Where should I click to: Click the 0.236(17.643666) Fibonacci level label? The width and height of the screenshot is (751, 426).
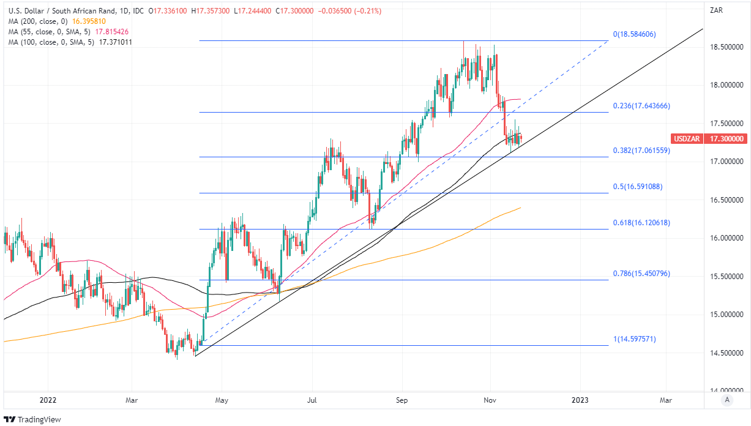[641, 106]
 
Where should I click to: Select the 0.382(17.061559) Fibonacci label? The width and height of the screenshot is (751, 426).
[641, 150]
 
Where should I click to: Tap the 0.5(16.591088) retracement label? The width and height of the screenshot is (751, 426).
[638, 187]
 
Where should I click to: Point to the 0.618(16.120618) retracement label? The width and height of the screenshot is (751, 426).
[641, 223]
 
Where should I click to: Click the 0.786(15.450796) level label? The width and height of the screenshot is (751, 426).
[641, 274]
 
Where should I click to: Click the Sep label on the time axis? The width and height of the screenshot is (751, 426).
[402, 400]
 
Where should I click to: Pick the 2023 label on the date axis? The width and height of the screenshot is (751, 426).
[580, 400]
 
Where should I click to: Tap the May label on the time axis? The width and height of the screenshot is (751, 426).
[222, 400]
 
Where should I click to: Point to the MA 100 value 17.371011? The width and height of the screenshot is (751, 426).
[111, 42]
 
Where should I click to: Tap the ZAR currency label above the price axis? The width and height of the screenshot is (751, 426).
[716, 10]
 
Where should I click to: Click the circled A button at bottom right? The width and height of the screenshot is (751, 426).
[727, 400]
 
